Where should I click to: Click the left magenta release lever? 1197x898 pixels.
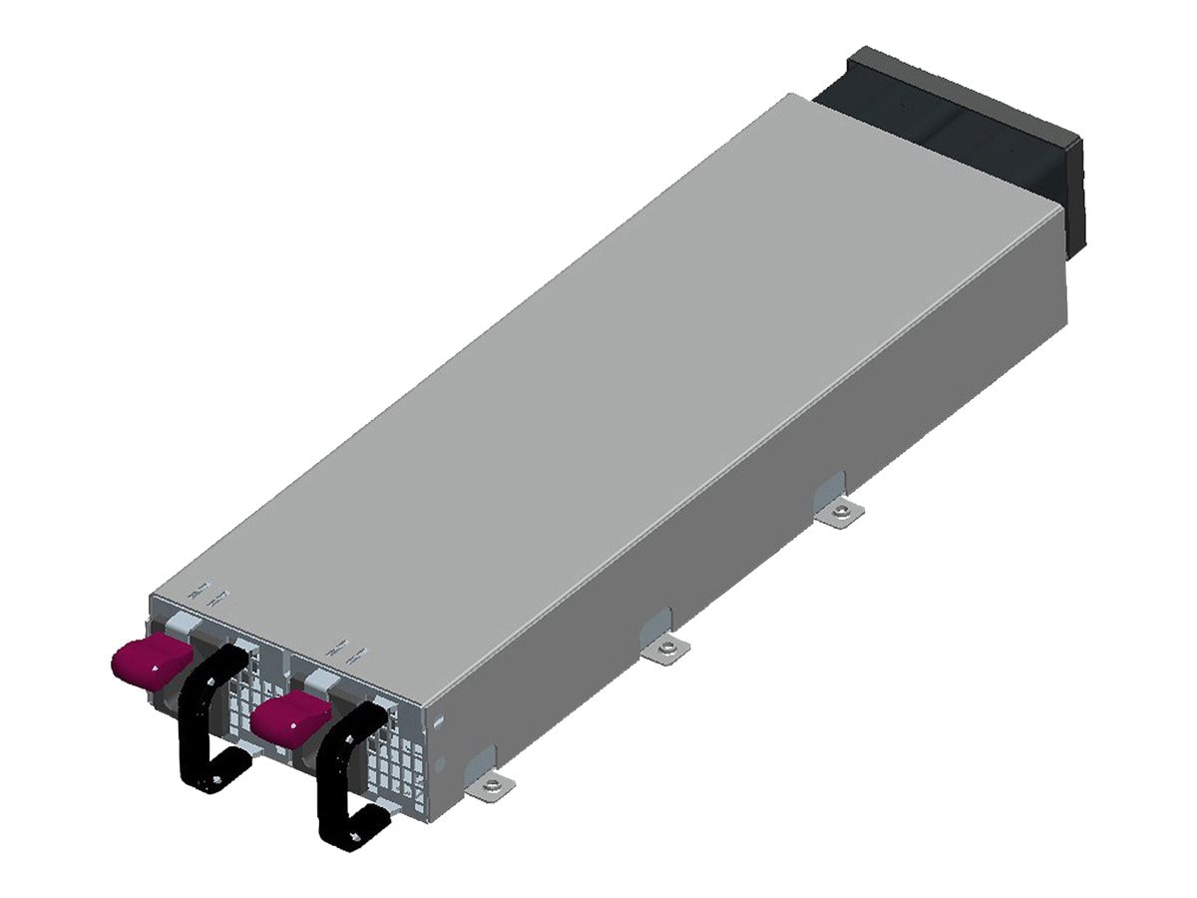150,662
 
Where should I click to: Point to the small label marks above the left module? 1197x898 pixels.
210,597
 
